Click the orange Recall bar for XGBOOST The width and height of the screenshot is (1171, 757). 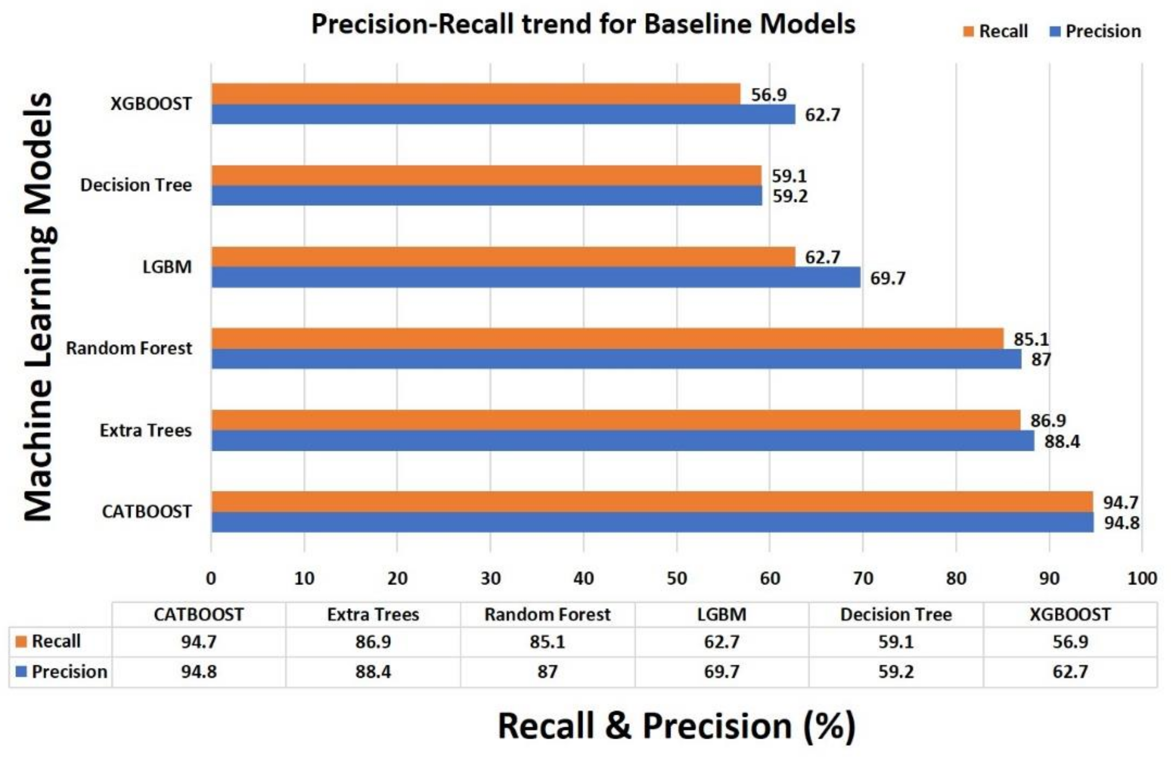pyautogui.click(x=475, y=94)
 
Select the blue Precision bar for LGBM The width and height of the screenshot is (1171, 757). pyautogui.click(x=536, y=277)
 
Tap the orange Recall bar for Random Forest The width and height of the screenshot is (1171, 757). pyautogui.click(x=607, y=339)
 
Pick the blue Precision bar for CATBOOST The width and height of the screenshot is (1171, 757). pyautogui.click(x=653, y=522)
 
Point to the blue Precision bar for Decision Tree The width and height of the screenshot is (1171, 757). pyautogui.click(x=487, y=196)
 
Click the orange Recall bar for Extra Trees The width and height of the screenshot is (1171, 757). pyautogui.click(x=615, y=420)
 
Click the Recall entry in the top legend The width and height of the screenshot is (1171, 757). pyautogui.click(x=995, y=31)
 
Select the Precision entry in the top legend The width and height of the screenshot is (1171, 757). pyautogui.click(x=1095, y=31)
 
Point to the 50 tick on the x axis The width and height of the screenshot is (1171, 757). pyautogui.click(x=676, y=578)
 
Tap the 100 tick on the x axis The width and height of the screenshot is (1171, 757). pyautogui.click(x=1142, y=578)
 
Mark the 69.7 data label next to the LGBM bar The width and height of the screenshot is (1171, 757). pyautogui.click(x=887, y=278)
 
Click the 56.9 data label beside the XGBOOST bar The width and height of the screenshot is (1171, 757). pyautogui.click(x=769, y=94)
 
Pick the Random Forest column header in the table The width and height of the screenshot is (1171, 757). pyautogui.click(x=547, y=615)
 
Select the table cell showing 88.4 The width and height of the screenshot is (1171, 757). pyautogui.click(x=373, y=672)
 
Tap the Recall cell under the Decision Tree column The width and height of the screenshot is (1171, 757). pyautogui.click(x=896, y=641)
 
